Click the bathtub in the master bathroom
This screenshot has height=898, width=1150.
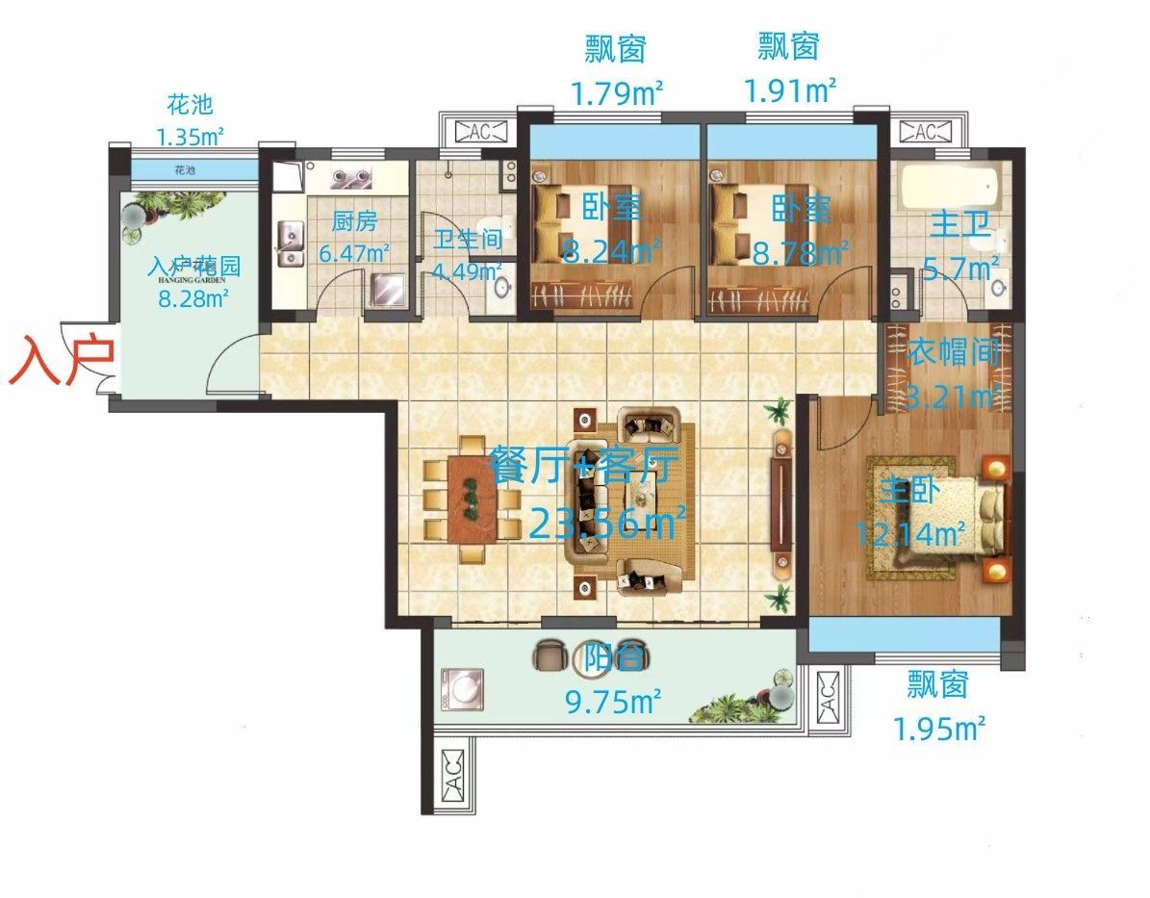click(x=949, y=189)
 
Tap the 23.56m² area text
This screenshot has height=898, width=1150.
click(x=607, y=524)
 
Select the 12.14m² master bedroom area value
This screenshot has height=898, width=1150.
click(x=910, y=531)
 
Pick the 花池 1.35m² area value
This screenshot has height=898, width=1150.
click(x=190, y=135)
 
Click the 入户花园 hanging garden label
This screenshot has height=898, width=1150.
click(x=193, y=267)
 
